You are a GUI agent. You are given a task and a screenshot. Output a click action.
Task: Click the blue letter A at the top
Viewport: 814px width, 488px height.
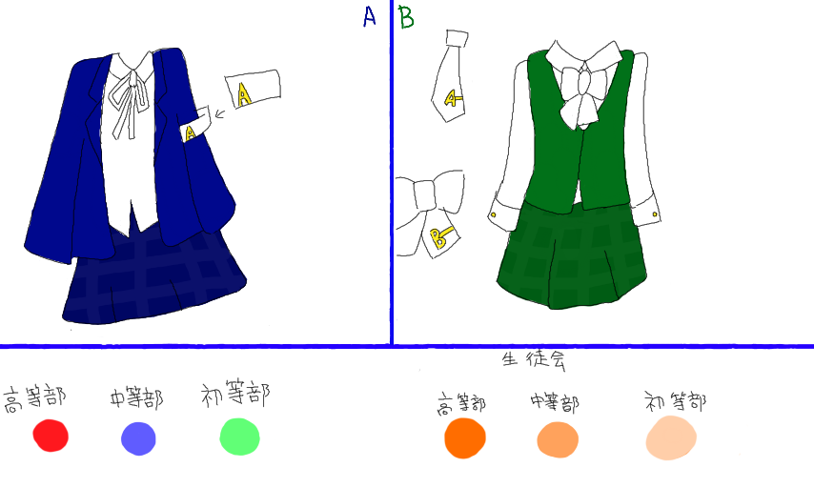tap(370, 16)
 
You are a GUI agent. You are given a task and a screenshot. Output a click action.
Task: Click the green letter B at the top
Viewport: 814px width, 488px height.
tap(405, 16)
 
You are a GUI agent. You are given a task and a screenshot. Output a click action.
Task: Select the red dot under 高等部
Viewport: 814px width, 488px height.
tap(51, 436)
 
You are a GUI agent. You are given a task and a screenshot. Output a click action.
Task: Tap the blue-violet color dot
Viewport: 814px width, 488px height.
tap(138, 438)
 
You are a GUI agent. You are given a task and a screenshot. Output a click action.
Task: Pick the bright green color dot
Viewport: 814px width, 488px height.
tap(240, 437)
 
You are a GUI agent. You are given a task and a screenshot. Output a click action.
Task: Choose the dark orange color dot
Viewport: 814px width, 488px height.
tap(465, 437)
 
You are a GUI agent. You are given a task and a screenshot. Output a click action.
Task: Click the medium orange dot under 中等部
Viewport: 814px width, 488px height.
tap(558, 439)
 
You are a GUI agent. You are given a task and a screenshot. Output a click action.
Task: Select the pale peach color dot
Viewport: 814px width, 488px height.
tap(671, 437)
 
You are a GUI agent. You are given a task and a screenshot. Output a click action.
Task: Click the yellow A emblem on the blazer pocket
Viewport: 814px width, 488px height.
tap(191, 132)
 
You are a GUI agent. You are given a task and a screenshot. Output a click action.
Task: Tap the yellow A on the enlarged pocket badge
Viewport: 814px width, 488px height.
tap(244, 93)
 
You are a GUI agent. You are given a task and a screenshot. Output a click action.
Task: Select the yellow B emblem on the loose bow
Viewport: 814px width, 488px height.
tap(439, 237)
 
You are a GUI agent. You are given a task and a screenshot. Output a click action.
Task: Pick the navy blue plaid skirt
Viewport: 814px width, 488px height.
tap(153, 276)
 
